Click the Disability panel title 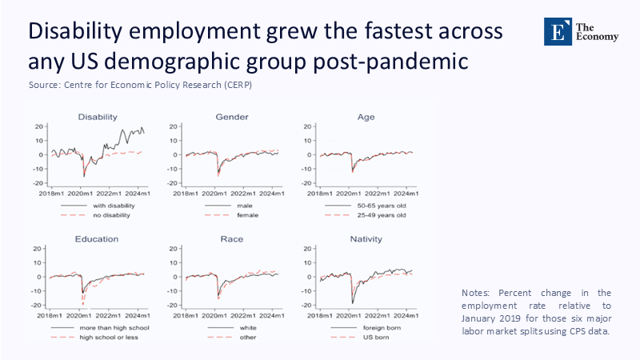tap(98, 118)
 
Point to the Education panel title tap(97, 239)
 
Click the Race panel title tap(231, 239)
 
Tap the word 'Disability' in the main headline tap(74, 32)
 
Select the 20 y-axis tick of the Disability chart tap(38, 126)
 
